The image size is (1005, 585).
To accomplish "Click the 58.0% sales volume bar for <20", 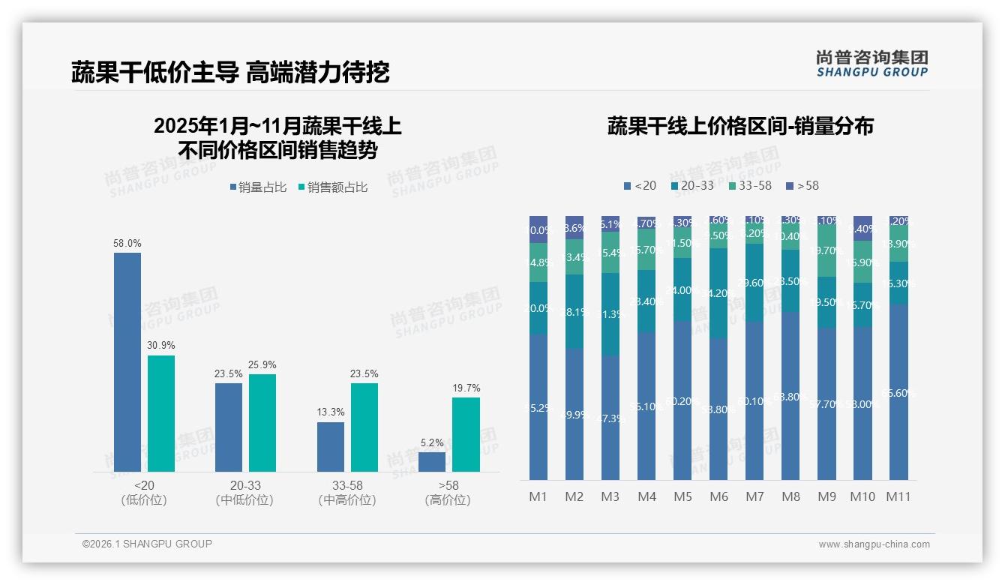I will point(127,362).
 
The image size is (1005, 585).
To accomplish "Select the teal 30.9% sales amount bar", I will point(161,413).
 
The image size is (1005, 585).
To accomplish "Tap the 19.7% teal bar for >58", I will point(466,434).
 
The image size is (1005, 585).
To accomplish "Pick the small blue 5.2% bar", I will point(432,462).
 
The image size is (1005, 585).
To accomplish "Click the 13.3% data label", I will point(331,412).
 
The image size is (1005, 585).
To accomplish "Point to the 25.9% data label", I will point(262,364).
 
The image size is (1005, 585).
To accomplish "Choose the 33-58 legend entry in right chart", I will point(749,185).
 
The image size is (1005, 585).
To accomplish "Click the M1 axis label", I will point(538,496).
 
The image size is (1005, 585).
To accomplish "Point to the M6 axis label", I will point(718,496).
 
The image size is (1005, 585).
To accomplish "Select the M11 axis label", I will point(898,496).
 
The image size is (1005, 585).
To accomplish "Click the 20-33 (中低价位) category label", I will point(245,493).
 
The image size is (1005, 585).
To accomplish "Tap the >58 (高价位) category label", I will point(448,493).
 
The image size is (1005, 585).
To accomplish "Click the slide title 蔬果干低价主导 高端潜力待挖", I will point(230,72).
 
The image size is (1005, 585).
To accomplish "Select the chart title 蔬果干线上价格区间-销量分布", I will point(740,126).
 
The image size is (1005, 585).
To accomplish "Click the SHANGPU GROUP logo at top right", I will point(871,64).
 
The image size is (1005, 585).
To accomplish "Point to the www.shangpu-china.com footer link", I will point(874,544).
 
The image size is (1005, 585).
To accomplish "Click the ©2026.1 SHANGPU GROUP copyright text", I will point(147,544).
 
